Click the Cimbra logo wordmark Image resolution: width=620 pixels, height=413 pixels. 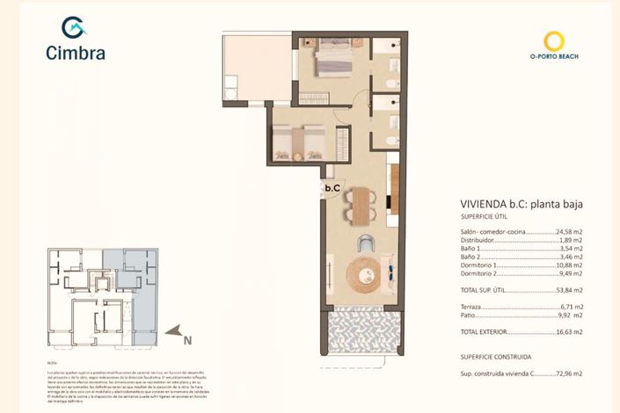pyautogui.click(x=76, y=52)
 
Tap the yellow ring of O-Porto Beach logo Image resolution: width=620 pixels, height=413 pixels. pyautogui.click(x=554, y=40)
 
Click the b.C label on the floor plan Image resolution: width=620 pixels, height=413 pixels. pyautogui.click(x=332, y=187)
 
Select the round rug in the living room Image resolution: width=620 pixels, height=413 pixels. pyautogui.click(x=362, y=272)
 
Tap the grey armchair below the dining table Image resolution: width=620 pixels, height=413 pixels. pyautogui.click(x=365, y=243)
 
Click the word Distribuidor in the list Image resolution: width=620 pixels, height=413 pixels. pyautogui.click(x=479, y=239)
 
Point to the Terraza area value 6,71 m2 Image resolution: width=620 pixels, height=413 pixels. pyautogui.click(x=572, y=306)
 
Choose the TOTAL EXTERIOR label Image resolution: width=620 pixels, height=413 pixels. pyautogui.click(x=485, y=332)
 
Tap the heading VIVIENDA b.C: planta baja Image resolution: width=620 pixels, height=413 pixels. pyautogui.click(x=522, y=204)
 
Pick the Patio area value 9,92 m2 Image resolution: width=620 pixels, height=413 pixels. pyautogui.click(x=572, y=314)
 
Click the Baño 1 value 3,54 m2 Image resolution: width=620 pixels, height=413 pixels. pyautogui.click(x=572, y=248)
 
